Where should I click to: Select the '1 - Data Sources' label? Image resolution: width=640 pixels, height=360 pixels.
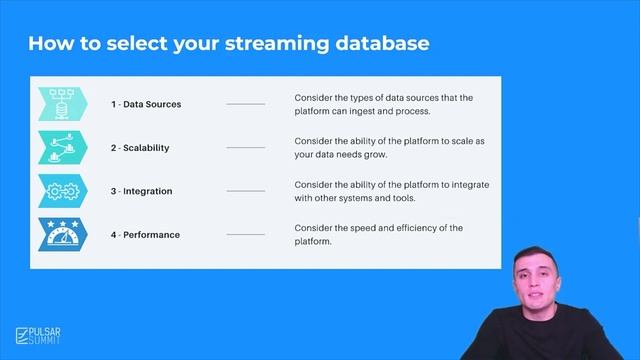click(x=146, y=104)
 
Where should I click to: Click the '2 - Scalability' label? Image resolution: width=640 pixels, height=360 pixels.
click(x=140, y=148)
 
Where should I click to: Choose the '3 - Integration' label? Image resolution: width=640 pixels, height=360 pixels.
click(x=141, y=191)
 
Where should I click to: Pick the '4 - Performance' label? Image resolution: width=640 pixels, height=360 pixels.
click(x=145, y=235)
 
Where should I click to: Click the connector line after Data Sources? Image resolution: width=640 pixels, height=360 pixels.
click(x=245, y=104)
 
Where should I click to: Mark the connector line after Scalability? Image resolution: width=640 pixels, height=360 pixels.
click(x=245, y=148)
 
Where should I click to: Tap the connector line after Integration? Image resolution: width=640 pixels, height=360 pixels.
click(x=245, y=191)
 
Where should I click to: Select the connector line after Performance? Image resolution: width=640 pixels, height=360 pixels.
click(x=245, y=235)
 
